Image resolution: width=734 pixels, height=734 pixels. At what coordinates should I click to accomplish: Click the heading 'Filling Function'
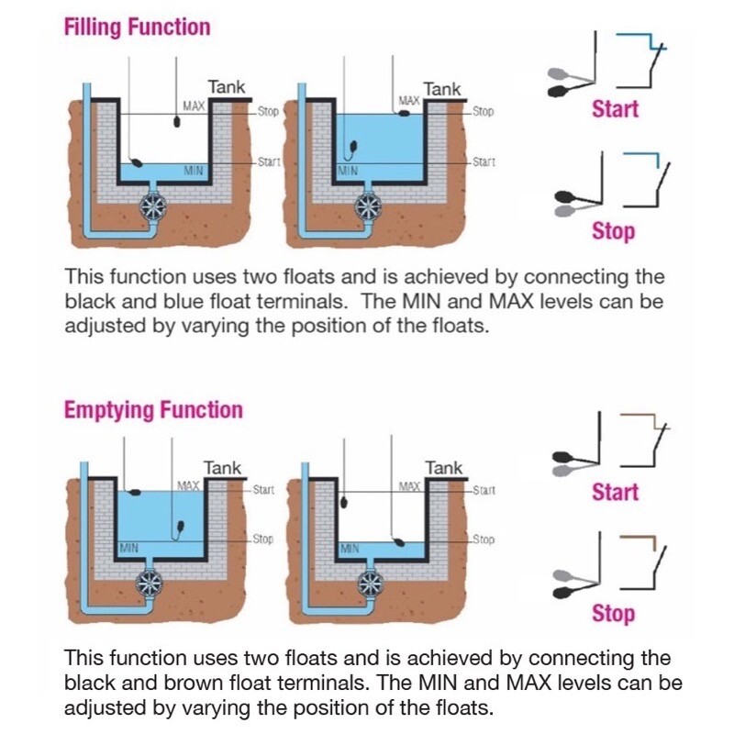[137, 27]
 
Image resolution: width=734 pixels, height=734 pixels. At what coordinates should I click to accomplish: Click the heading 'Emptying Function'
[153, 409]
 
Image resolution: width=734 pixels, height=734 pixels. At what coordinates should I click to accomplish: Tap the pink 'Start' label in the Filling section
[615, 108]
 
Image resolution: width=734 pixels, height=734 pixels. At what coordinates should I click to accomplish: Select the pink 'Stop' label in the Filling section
[613, 230]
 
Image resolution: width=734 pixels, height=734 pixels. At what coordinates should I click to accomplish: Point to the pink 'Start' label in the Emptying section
[615, 492]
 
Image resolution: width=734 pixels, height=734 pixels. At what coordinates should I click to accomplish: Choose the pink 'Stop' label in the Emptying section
[613, 613]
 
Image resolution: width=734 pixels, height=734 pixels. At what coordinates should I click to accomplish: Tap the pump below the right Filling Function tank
[369, 204]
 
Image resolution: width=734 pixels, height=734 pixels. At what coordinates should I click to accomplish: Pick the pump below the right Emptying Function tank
[370, 582]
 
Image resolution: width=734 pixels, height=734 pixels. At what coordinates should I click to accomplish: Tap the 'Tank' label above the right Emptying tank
[444, 468]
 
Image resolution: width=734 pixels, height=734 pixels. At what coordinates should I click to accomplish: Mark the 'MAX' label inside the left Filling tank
[194, 106]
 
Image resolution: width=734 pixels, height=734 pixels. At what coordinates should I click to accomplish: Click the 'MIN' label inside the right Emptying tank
[350, 548]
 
